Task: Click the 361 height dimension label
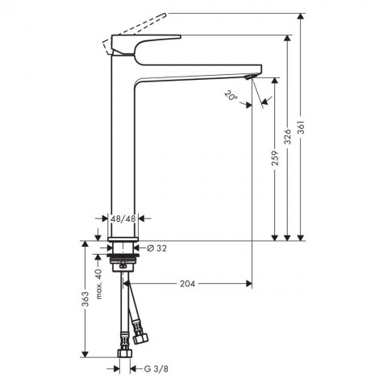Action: point(301,127)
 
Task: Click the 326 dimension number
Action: point(288,136)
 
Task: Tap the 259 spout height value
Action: point(275,157)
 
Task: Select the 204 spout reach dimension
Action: point(187,284)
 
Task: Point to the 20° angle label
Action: point(231,96)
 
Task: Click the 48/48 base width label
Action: point(123,218)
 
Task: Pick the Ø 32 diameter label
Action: point(157,248)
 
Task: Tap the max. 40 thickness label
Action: point(98,284)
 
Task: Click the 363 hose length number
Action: point(85,299)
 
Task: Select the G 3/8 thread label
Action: point(156,368)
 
